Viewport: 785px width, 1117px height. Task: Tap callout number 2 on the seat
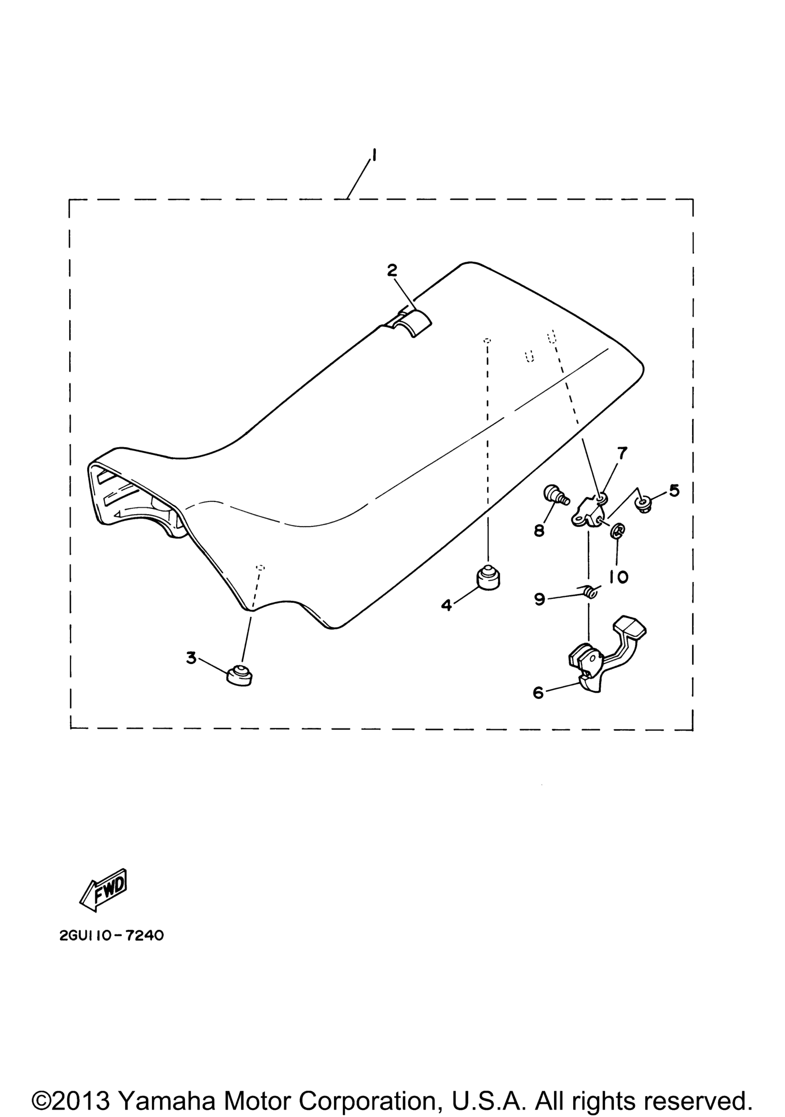point(392,270)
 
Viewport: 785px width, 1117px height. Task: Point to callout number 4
point(446,605)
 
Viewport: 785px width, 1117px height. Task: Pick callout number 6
point(538,692)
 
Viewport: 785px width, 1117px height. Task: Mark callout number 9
point(539,599)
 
